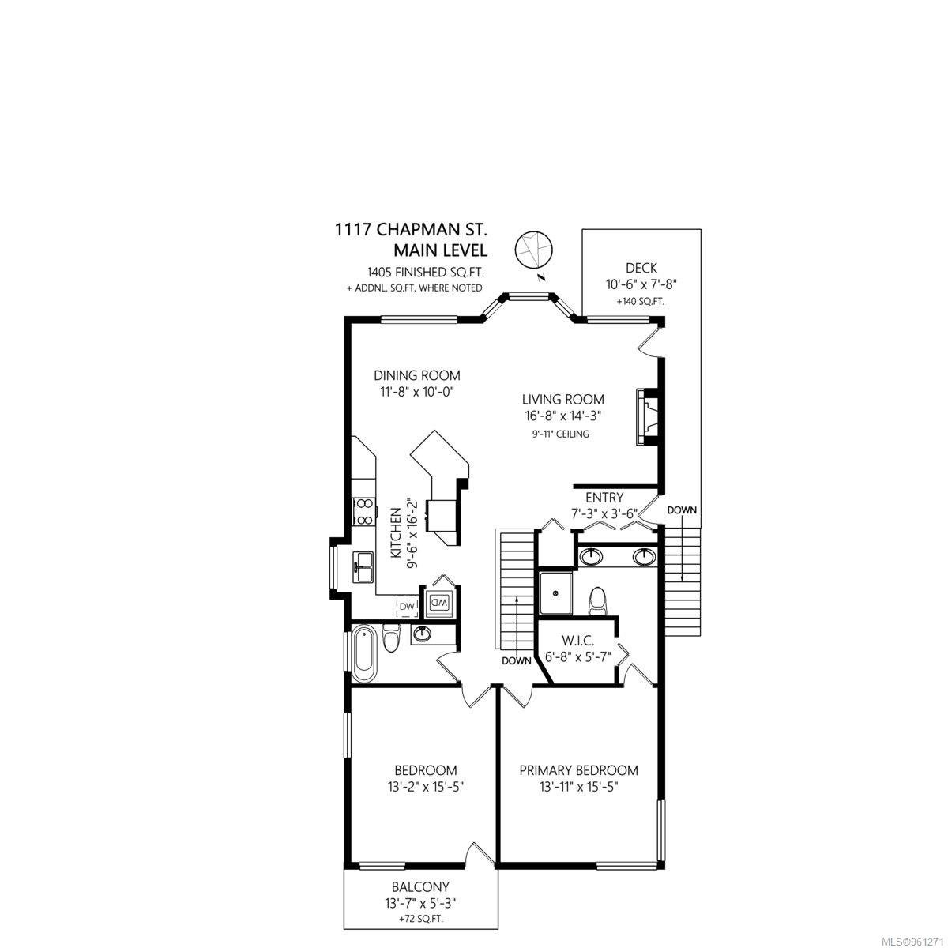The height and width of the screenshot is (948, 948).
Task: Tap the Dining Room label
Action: point(416,375)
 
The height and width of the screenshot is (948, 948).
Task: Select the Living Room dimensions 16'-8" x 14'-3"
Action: point(562,416)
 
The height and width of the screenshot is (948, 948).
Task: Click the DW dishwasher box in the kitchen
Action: point(408,607)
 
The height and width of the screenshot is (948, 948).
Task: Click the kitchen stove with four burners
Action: point(363,513)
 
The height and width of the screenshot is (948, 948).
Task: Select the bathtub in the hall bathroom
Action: point(364,652)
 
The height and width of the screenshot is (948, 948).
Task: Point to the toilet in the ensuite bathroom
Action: point(598,600)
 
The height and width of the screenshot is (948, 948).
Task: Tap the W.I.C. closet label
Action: point(577,641)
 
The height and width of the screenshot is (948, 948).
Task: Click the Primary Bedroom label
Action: point(578,770)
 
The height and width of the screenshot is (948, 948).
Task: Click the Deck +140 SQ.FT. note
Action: point(641,302)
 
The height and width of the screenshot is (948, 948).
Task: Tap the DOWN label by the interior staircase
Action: point(516,661)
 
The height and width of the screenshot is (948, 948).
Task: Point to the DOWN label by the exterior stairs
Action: point(682,510)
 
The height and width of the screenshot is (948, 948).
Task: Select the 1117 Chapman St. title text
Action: point(411,230)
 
